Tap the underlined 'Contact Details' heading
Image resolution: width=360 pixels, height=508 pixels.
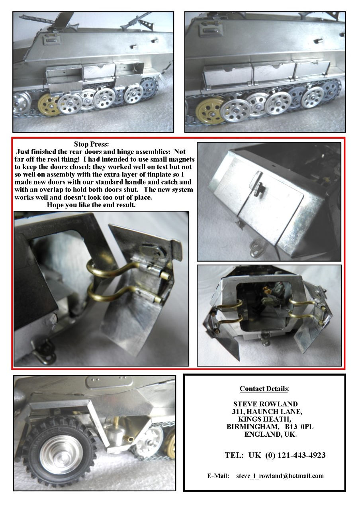(264, 388)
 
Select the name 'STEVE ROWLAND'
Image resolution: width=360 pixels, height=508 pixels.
(266, 404)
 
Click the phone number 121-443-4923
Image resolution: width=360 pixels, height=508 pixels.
(301, 455)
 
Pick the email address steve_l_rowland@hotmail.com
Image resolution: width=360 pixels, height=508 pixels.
(280, 476)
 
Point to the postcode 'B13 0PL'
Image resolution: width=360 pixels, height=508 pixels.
(299, 427)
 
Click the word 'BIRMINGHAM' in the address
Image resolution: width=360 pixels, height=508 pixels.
(252, 427)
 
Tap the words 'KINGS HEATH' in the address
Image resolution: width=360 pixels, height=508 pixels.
(264, 419)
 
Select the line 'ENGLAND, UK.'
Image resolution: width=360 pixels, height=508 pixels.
(271, 434)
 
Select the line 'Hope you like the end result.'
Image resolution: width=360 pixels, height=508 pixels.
(91, 205)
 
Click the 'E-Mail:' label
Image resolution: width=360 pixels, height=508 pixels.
(218, 476)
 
